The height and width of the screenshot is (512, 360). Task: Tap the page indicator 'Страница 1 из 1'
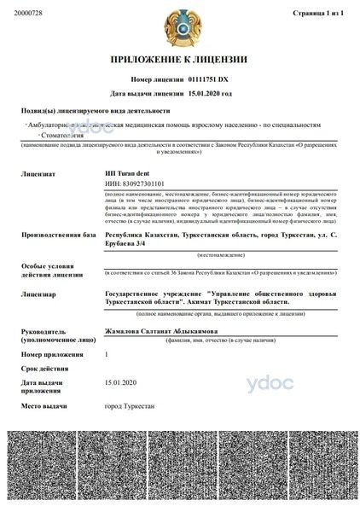tap(316, 15)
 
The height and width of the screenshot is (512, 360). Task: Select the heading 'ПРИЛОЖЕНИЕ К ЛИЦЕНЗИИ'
tap(179, 60)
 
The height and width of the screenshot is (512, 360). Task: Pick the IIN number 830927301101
tap(134, 183)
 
